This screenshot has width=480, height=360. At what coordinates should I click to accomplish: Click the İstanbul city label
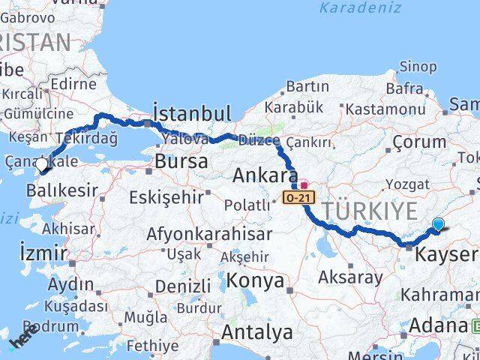click(191, 113)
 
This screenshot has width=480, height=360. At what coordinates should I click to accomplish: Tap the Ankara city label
click(261, 176)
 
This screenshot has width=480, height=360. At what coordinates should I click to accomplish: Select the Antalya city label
click(256, 331)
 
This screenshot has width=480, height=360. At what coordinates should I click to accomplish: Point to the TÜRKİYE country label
click(368, 211)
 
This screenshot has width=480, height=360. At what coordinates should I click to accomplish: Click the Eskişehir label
click(166, 197)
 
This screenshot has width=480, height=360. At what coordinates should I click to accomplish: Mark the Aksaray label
click(350, 276)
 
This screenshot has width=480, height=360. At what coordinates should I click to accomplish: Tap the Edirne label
click(73, 84)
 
